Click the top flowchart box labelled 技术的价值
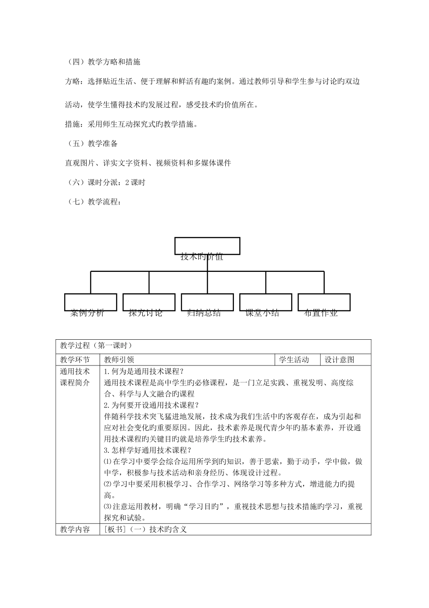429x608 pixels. [207, 247]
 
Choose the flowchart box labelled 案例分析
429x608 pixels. [90, 302]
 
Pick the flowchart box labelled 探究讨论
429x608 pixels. [149, 302]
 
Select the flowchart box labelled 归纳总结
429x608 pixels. [207, 302]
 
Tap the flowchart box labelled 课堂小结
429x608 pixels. [266, 302]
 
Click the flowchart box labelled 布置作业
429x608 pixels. [324, 302]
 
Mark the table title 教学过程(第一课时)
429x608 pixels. [96, 346]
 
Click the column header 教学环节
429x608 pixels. [75, 360]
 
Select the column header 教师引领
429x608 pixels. [119, 360]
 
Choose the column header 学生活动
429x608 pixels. [294, 360]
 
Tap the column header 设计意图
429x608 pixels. [340, 360]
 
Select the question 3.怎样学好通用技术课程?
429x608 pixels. [148, 450]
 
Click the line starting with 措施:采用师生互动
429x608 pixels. [131, 124]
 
